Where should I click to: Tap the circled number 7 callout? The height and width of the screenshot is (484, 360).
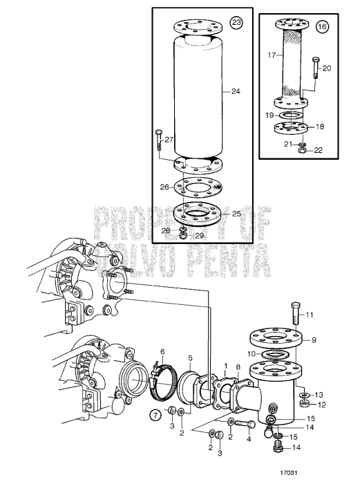[x=156, y=416]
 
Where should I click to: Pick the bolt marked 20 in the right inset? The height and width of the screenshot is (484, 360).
[x=316, y=71]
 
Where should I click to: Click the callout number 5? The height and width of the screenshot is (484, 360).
[x=190, y=357]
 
